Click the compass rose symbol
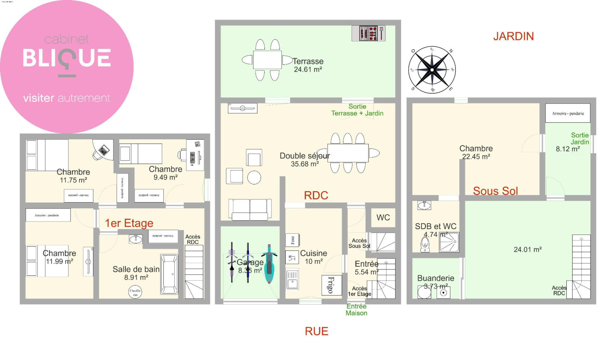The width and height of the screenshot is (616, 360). pyautogui.click(x=432, y=70)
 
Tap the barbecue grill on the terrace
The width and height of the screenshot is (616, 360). pyautogui.click(x=368, y=33)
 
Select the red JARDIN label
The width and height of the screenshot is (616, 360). pyautogui.click(x=513, y=36)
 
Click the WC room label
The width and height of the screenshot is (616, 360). pyautogui.click(x=383, y=218)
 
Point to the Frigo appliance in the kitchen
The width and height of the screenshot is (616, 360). pyautogui.click(x=331, y=285)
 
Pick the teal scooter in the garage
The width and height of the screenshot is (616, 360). pyautogui.click(x=269, y=264)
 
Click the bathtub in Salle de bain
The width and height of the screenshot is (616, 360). pyautogui.click(x=169, y=274)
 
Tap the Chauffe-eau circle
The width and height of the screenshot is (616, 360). pyautogui.click(x=135, y=292)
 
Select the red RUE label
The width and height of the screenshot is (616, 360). pyautogui.click(x=316, y=331)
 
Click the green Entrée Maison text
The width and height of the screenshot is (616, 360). pyautogui.click(x=357, y=310)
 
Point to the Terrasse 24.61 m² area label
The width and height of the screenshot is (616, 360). pyautogui.click(x=308, y=65)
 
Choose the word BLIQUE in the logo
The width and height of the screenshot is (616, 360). pyautogui.click(x=67, y=58)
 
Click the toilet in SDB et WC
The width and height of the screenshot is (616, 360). pyautogui.click(x=425, y=244)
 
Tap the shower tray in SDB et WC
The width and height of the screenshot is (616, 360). pyautogui.click(x=449, y=242)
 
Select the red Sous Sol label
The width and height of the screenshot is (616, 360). pyautogui.click(x=495, y=191)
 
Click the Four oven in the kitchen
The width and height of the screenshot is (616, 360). pyautogui.click(x=292, y=240)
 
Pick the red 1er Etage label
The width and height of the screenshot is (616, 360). pyautogui.click(x=129, y=223)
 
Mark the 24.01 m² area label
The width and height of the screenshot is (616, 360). pyautogui.click(x=527, y=249)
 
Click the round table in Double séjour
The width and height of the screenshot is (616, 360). pyautogui.click(x=254, y=177)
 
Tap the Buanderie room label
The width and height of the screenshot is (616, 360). pyautogui.click(x=435, y=278)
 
